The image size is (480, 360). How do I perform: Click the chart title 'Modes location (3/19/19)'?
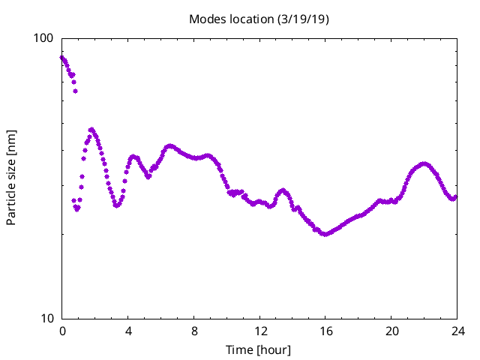[x=259, y=19]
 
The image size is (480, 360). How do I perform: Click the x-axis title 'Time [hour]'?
[x=259, y=350]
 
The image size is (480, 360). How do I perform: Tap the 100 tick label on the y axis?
[x=46, y=38]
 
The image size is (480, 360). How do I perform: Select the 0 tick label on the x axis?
[x=62, y=331]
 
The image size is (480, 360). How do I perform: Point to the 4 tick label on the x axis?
[x=128, y=331]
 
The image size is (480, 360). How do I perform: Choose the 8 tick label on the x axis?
[x=194, y=331]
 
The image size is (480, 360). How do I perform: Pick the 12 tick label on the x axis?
[x=259, y=331]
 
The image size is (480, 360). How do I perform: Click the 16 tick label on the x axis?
[x=325, y=331]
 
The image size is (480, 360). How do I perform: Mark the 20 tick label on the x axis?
[x=391, y=331]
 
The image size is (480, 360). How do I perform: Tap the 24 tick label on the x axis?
[x=457, y=331]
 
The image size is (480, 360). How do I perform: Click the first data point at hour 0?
[x=62, y=58]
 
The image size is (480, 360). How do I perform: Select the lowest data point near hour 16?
[x=325, y=234]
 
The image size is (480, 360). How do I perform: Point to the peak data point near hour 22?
[x=424, y=163]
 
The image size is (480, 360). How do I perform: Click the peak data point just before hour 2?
[x=91, y=130]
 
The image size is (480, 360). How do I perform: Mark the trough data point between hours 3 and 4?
[x=116, y=205]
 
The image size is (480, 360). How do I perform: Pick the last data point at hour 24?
[x=456, y=196]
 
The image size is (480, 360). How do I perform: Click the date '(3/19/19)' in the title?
[x=301, y=19]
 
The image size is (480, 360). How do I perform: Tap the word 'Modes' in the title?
[x=207, y=19]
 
